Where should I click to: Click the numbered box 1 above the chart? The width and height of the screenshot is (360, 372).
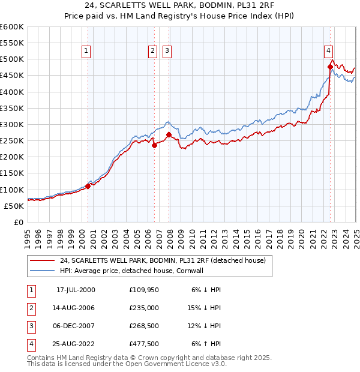click(x=87, y=51)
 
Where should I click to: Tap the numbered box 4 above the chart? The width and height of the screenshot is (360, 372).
click(x=329, y=51)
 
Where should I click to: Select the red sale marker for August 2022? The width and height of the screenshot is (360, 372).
click(x=330, y=67)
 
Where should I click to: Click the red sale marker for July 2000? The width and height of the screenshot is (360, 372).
click(x=88, y=186)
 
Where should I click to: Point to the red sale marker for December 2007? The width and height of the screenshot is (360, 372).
click(x=169, y=134)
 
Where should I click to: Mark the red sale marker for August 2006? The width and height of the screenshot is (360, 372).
click(x=154, y=145)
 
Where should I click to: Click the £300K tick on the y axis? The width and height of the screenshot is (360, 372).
click(x=12, y=124)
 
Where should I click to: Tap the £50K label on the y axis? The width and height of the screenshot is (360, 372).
click(x=14, y=206)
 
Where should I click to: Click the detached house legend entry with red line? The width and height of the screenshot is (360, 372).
click(x=163, y=260)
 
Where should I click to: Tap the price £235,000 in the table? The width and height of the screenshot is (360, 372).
click(x=143, y=307)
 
